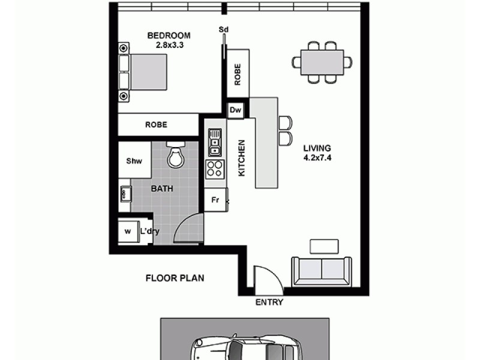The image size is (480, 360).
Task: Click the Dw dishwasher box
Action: click(235, 111)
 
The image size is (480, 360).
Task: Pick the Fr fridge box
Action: click(214, 200)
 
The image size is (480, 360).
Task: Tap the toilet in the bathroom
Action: click(175, 155)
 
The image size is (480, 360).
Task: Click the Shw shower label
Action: click(133, 161)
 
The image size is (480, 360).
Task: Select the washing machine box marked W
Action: click(127, 231)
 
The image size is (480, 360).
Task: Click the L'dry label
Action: click(149, 231)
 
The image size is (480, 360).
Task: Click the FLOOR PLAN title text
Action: click(175, 278)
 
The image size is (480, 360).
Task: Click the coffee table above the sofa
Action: click(324, 245)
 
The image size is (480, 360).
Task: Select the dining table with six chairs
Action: click(322, 62)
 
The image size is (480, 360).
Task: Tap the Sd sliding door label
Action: click(224, 29)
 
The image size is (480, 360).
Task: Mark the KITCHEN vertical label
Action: click(242, 158)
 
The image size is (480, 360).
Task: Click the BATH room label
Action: click(161, 188)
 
